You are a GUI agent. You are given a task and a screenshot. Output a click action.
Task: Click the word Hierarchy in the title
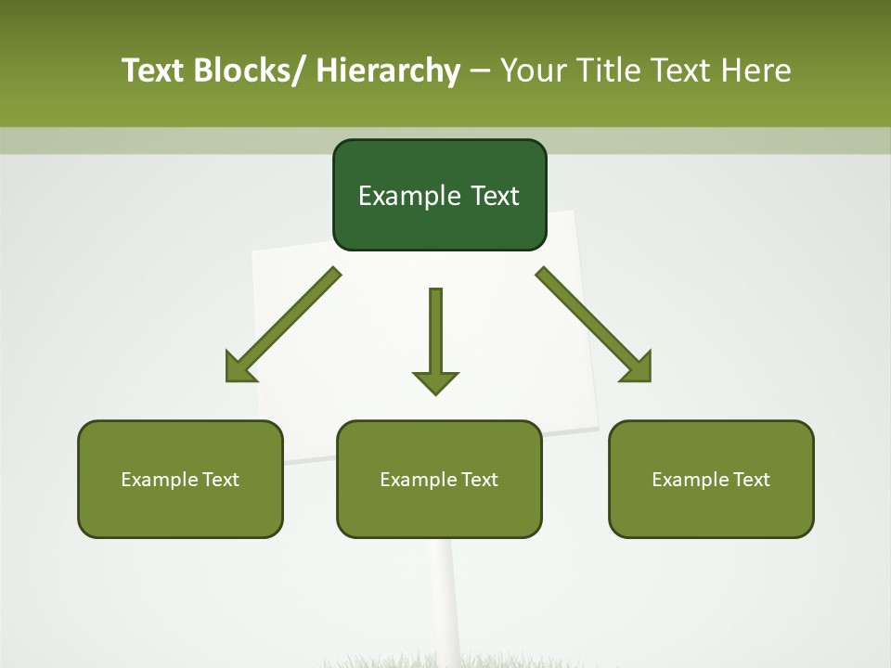[388, 71]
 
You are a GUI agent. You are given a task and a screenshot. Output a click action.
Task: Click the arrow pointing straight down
[435, 334]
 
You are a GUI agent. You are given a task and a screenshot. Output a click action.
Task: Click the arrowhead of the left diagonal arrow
[236, 371]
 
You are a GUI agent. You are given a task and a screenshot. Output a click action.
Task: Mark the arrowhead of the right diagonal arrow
[640, 371]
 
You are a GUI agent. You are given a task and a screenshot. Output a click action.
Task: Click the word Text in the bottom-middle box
[478, 480]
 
